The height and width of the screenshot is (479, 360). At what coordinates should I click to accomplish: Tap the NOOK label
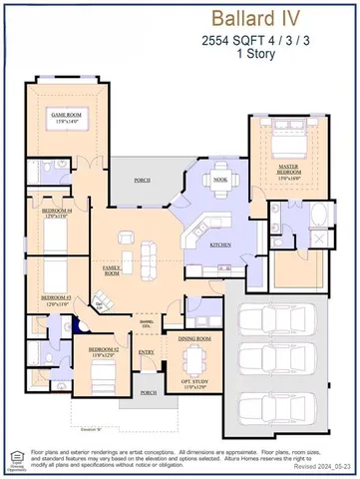pyautogui.click(x=219, y=180)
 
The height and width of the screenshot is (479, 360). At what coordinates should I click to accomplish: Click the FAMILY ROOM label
pyautogui.click(x=113, y=270)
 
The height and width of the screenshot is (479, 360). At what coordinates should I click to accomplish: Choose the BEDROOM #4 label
pyautogui.click(x=57, y=214)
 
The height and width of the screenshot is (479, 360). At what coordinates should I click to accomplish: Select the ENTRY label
pyautogui.click(x=147, y=351)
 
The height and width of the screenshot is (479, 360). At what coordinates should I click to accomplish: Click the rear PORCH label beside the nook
pyautogui.click(x=143, y=181)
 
